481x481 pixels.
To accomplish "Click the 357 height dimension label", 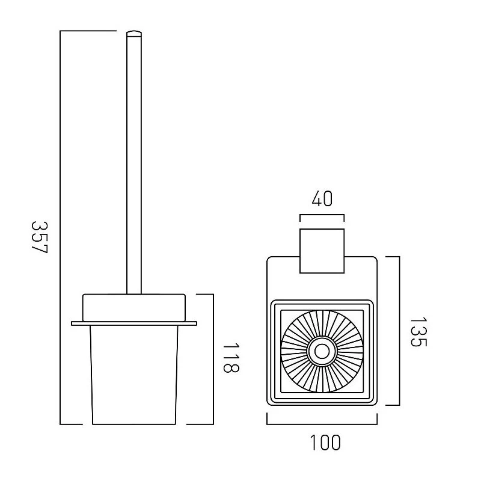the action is tap(40, 237).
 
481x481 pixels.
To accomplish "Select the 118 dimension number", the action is tap(231, 357).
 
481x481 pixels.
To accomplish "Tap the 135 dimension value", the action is tap(418, 332).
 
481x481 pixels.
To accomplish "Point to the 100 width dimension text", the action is tap(325, 443).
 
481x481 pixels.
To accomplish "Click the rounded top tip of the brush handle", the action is tap(134, 32).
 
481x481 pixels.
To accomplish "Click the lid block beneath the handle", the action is tap(134, 308).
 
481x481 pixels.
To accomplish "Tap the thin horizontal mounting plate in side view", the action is tap(134, 323).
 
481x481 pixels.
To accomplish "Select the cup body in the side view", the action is tap(134, 375).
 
